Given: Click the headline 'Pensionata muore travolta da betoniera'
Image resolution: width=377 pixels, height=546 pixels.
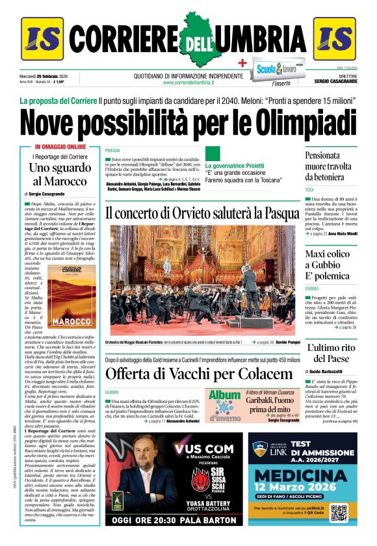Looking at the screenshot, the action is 330,166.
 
